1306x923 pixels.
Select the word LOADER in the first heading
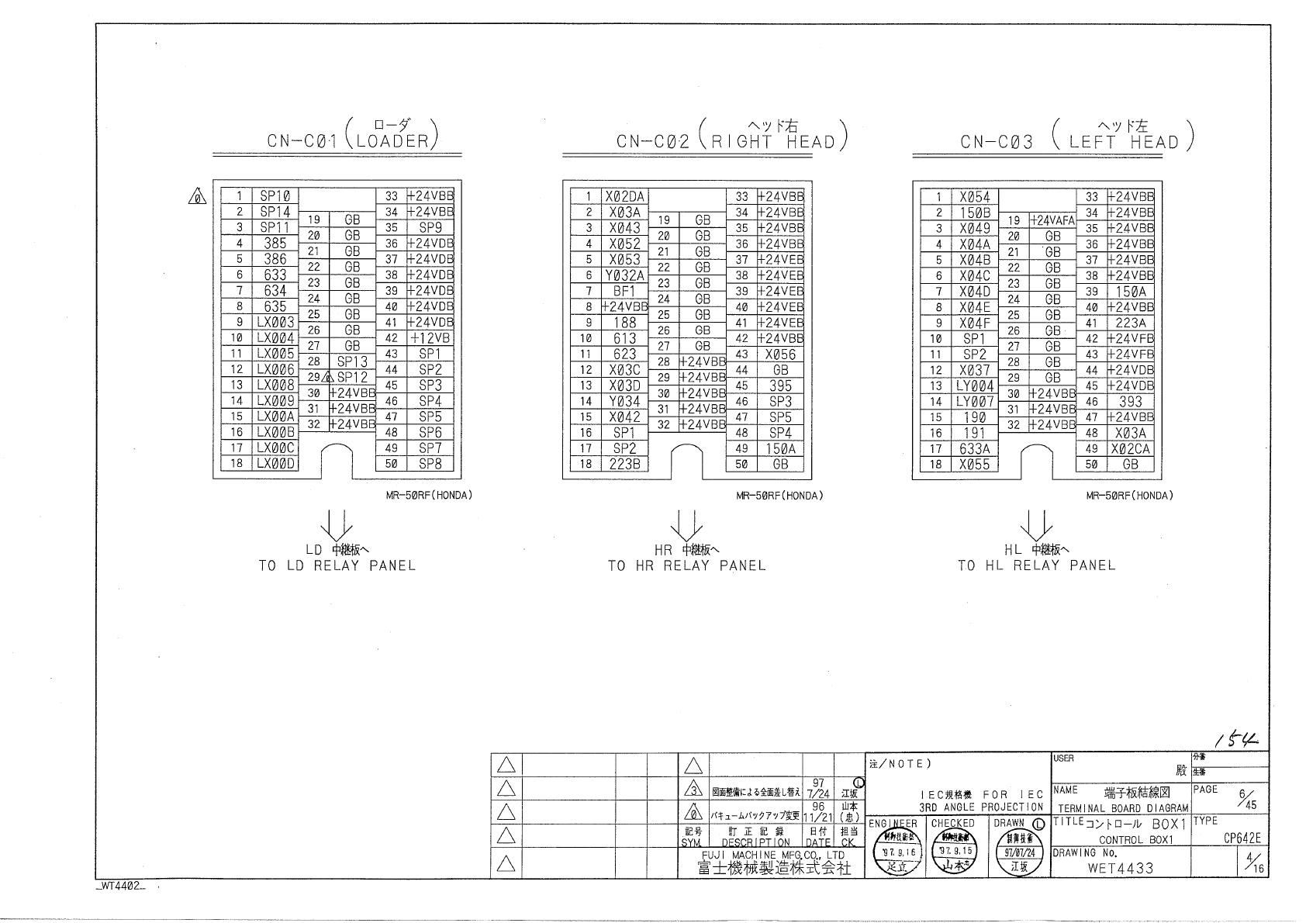[392, 141]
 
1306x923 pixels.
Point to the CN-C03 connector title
[997, 142]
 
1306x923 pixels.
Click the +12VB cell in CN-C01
[430, 338]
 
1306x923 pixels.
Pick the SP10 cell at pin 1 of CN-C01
[275, 196]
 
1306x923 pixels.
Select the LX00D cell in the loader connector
[276, 464]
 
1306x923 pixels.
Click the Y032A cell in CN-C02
[625, 275]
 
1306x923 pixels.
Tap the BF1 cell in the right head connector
[625, 291]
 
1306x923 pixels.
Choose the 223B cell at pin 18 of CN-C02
[625, 464]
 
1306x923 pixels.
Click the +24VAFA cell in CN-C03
[1052, 220]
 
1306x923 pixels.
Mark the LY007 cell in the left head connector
[975, 402]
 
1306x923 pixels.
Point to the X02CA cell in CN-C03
[1131, 448]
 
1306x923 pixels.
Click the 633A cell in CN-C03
[975, 448]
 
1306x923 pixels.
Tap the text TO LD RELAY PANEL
[337, 565]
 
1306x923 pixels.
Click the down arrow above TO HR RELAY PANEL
[687, 524]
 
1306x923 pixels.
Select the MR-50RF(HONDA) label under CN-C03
[1129, 496]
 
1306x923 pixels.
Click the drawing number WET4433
[1121, 868]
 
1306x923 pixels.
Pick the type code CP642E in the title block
[1243, 838]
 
